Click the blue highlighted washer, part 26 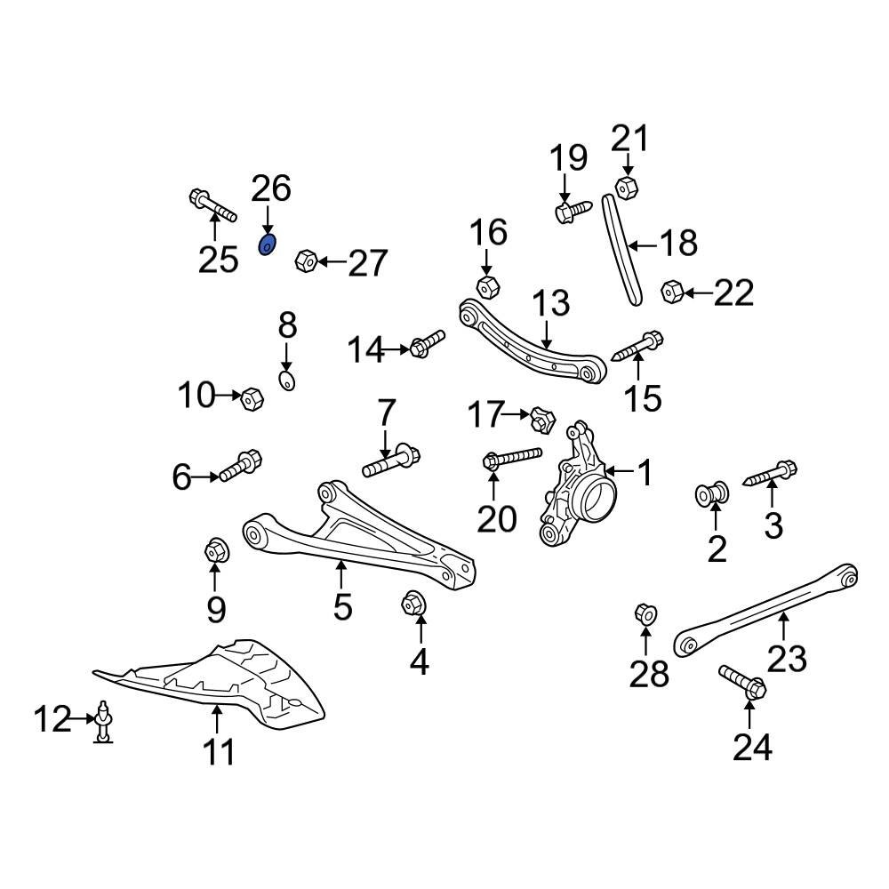click(267, 244)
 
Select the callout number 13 click(551, 304)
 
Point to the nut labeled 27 click(305, 260)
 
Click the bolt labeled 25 click(212, 204)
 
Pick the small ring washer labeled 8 click(287, 381)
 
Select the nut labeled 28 click(645, 613)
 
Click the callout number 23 click(787, 659)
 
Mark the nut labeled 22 click(672, 291)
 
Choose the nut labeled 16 click(486, 287)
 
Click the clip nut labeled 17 click(541, 416)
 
